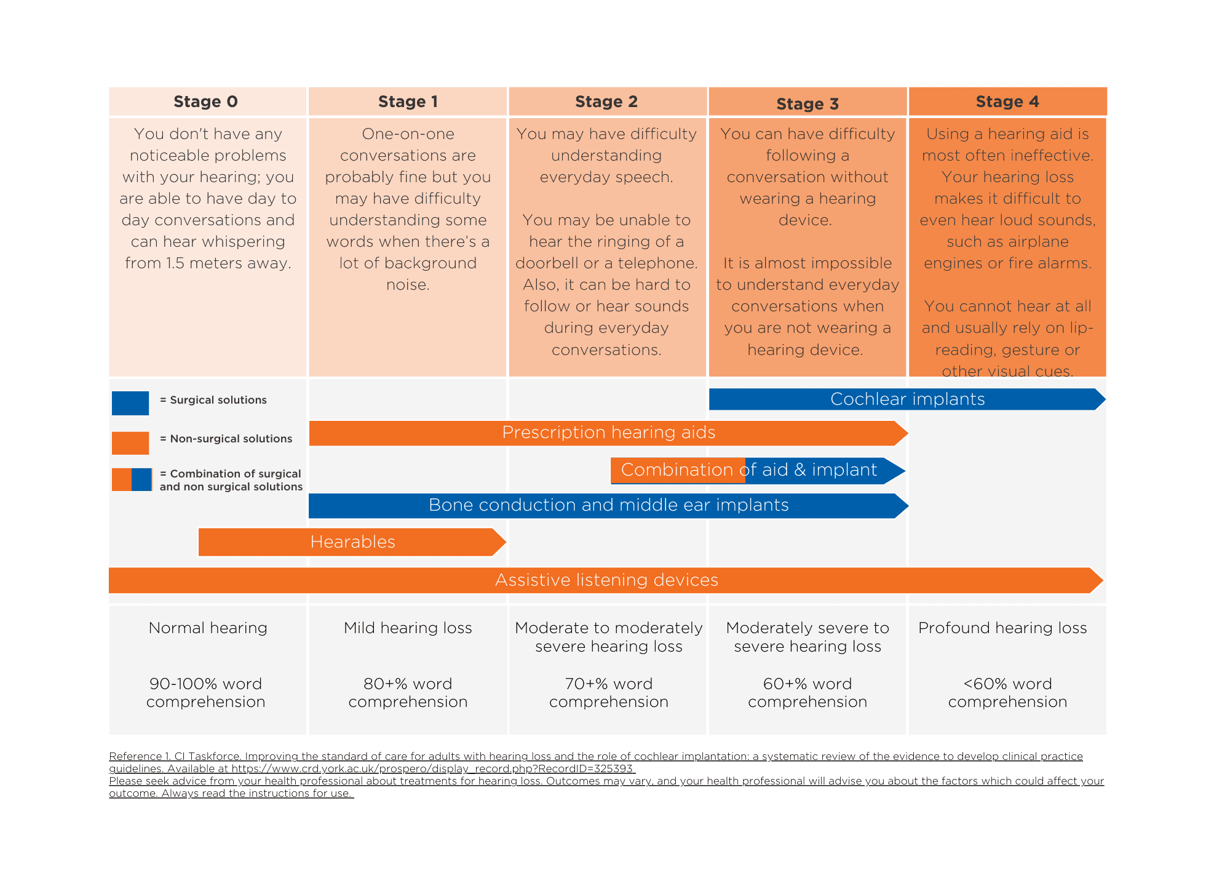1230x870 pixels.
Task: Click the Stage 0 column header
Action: click(205, 102)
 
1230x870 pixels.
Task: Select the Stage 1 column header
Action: click(408, 102)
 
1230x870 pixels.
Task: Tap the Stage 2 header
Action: click(606, 102)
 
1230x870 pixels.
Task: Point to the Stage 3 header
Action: click(807, 103)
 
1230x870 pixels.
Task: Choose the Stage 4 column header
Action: click(1007, 102)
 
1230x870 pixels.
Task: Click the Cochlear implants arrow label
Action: click(907, 399)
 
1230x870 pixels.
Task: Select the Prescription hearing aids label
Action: click(608, 433)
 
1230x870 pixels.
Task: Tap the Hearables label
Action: click(352, 542)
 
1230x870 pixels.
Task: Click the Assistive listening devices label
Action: click(606, 580)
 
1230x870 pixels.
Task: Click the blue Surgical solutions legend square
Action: click(130, 403)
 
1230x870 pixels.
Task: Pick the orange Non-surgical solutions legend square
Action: click(130, 442)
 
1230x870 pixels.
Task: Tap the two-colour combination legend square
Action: click(132, 479)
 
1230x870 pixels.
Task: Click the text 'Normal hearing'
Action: click(208, 628)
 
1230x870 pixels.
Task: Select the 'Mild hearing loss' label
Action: click(408, 628)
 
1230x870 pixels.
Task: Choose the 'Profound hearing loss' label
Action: click(1002, 628)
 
